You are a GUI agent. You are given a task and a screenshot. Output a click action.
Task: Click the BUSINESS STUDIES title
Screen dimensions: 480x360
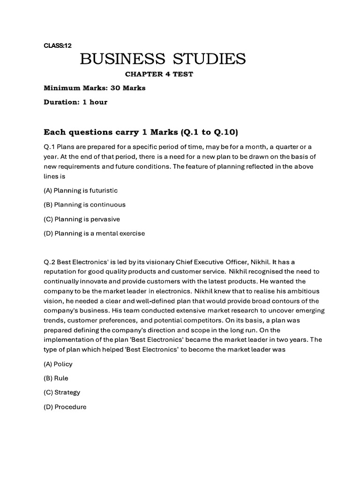[x=163, y=60]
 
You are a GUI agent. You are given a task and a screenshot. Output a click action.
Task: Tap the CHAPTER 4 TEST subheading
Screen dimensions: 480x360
[x=158, y=74]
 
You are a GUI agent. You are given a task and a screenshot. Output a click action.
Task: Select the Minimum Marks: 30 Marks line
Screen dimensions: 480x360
[x=94, y=88]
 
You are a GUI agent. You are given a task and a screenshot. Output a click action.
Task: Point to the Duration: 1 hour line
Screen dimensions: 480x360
[x=75, y=102]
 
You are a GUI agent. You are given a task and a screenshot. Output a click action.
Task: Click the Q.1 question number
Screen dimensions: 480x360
[x=49, y=147]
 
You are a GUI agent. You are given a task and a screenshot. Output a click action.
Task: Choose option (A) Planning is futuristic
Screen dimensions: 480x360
[x=81, y=191]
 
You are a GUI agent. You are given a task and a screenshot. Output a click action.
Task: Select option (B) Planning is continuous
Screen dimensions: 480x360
[x=84, y=205]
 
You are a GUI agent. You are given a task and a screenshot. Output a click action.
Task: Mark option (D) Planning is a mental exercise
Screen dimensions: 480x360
[x=94, y=233]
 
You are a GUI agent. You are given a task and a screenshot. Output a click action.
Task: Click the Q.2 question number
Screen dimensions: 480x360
[x=49, y=262]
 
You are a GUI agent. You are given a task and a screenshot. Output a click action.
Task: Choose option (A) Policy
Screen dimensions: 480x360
[x=58, y=364]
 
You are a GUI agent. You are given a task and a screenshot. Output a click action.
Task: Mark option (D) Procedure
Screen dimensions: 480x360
[x=65, y=407]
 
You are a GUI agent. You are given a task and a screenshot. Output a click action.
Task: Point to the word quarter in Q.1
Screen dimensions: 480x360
[x=285, y=147]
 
